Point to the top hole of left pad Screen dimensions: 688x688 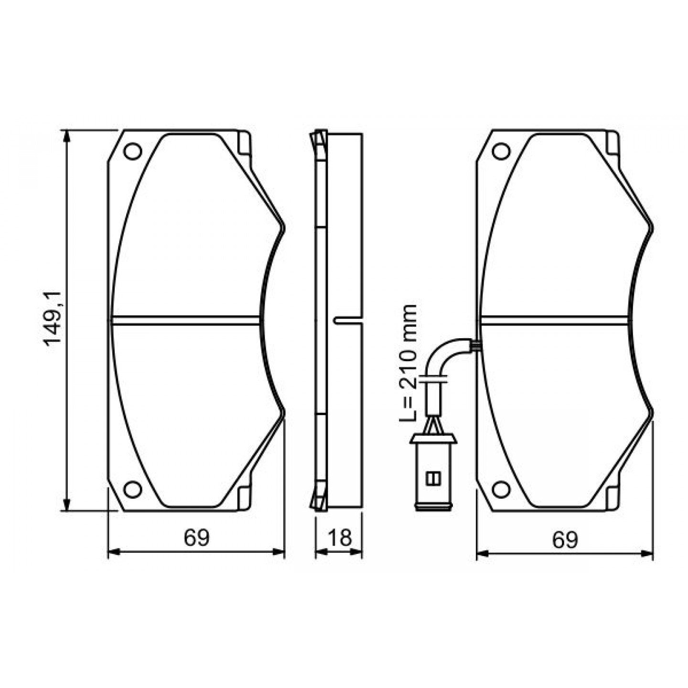coord(133,151)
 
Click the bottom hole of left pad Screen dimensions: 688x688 coord(133,489)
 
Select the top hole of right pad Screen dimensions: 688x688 coord(501,151)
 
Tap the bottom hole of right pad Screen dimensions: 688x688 coord(501,489)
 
